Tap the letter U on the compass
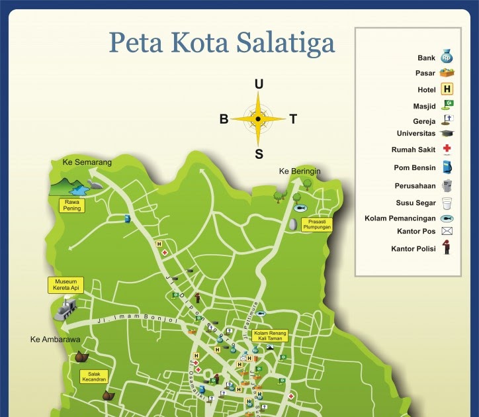(259, 84)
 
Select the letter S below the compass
(259, 155)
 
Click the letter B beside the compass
(224, 120)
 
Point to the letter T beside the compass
(293, 120)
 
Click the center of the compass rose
(259, 119)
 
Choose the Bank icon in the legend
(447, 57)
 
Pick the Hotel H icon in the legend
(447, 89)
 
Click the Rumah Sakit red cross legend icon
(447, 149)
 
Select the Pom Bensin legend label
(414, 168)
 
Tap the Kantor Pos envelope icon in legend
(447, 231)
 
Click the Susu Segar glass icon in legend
(447, 203)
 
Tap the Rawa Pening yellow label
(73, 205)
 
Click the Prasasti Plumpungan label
(316, 224)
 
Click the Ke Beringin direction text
(300, 171)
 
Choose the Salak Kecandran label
(94, 377)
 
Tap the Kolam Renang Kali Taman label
(269, 336)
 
